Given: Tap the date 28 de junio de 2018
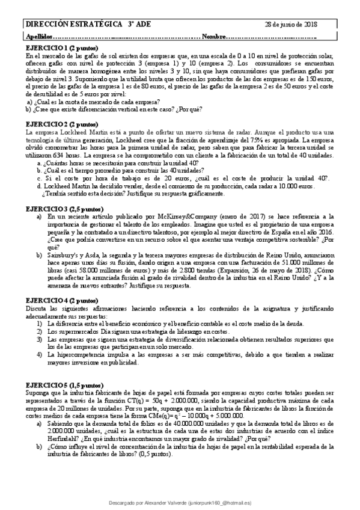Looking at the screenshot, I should [x=291, y=25].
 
